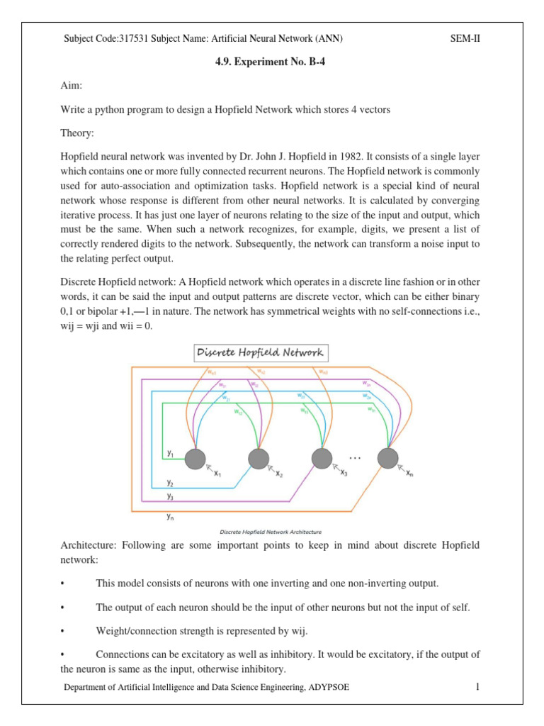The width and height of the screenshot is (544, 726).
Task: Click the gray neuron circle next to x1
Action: [195, 459]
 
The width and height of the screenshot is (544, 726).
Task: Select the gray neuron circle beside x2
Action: [259, 459]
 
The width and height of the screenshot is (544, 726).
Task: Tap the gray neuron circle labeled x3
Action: [322, 459]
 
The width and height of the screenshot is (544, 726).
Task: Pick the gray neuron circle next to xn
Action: [387, 459]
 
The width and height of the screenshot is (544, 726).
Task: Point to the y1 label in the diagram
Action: [170, 452]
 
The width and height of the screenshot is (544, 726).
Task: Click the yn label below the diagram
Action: [170, 517]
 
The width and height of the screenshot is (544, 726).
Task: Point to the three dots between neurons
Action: [355, 458]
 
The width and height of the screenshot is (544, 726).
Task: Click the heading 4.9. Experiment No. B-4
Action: [272, 62]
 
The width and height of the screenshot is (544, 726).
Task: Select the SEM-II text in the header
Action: [465, 38]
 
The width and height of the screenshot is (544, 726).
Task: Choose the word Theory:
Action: [79, 133]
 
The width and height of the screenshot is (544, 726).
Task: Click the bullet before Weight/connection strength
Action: [64, 630]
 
